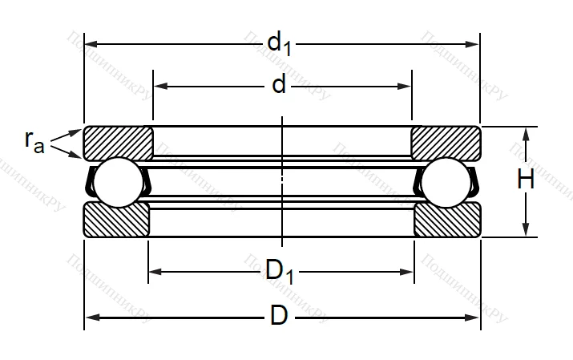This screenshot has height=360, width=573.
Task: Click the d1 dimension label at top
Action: point(280,42)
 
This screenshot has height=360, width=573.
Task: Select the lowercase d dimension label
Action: point(278,84)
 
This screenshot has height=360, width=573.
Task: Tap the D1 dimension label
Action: point(280,273)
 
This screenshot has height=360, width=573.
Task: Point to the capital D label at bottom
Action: point(278,316)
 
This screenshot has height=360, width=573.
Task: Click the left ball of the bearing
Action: point(117,181)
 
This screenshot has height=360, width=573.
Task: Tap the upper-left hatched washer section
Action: point(119,142)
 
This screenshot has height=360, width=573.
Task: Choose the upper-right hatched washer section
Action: point(446,142)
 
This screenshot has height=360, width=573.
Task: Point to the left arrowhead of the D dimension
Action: point(91,318)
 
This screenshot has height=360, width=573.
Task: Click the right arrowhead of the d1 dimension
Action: point(474,42)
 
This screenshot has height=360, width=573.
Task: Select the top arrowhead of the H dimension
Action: point(526,133)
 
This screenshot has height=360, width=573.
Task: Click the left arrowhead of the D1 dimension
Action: point(155,273)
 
